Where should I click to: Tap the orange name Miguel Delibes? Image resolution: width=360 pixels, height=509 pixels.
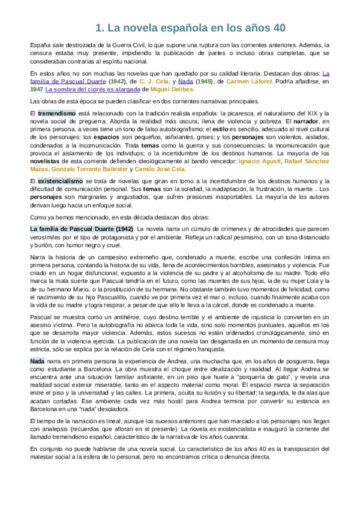(172, 89)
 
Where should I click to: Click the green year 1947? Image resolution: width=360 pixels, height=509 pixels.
(36, 89)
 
